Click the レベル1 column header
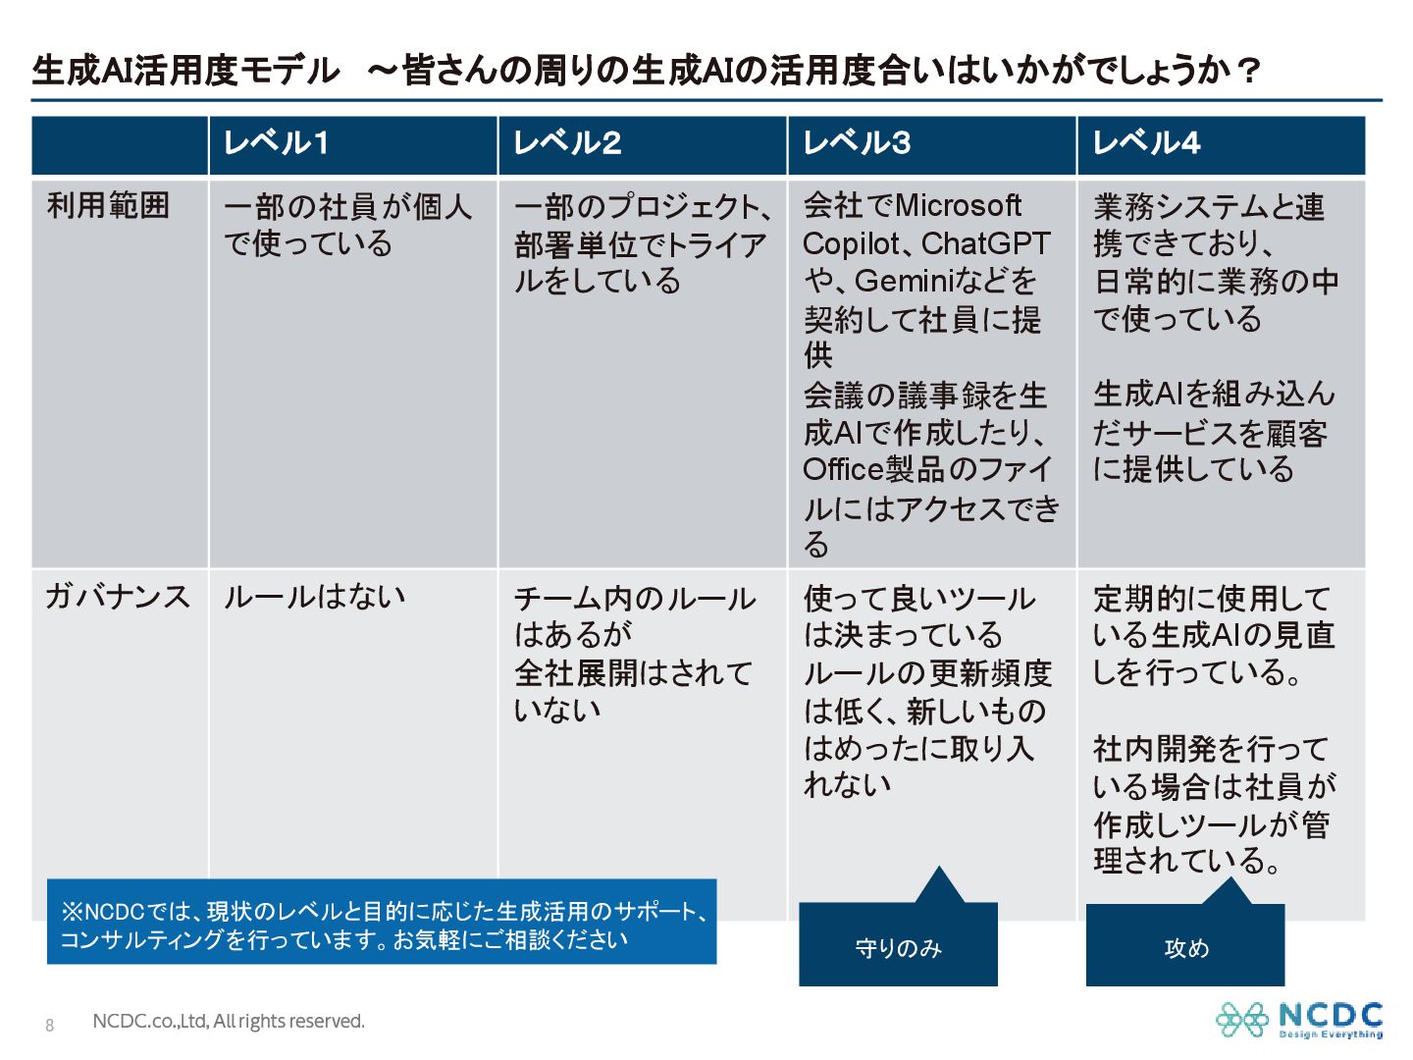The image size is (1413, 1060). click(276, 143)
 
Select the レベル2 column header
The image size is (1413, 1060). click(567, 143)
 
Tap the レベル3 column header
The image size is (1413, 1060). click(857, 143)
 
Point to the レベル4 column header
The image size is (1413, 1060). click(1146, 143)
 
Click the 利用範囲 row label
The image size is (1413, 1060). click(108, 205)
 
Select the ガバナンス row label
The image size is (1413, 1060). click(118, 596)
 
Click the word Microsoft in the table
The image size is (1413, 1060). click(958, 205)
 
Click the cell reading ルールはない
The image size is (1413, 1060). click(314, 596)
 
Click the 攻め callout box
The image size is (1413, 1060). click(1185, 946)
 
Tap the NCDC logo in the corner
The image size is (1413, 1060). click(1299, 1020)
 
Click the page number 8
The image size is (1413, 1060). click(50, 1026)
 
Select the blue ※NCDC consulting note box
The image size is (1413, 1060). click(382, 924)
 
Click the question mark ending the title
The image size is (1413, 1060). click(1248, 71)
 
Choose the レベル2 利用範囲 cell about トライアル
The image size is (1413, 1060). click(640, 244)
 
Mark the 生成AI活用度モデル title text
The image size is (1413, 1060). click(185, 71)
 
